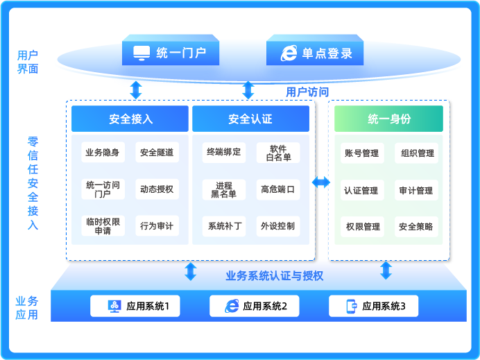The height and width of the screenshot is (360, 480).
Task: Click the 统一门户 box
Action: (x=171, y=53)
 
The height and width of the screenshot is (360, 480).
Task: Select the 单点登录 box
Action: (x=315, y=53)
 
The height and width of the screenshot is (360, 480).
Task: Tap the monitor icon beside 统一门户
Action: (x=142, y=53)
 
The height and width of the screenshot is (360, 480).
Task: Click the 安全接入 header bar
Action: (x=130, y=119)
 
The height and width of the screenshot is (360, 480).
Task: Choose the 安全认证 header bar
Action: (x=250, y=119)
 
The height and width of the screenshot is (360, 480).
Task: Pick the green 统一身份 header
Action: (x=388, y=119)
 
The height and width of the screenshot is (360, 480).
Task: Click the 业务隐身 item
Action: (x=103, y=153)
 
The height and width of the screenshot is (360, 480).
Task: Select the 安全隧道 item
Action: (x=157, y=153)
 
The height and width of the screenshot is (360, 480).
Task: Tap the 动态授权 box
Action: (x=157, y=189)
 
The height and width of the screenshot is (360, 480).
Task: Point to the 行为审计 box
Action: (x=157, y=225)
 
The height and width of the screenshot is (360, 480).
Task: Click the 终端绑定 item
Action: (x=223, y=152)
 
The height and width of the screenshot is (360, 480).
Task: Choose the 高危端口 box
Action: (x=278, y=189)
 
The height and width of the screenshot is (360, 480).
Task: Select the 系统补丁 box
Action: (x=223, y=225)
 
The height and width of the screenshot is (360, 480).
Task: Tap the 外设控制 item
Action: (x=278, y=225)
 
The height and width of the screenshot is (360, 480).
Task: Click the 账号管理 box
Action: (x=361, y=153)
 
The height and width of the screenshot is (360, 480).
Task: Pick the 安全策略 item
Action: (x=416, y=226)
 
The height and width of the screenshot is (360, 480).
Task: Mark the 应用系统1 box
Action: (x=135, y=306)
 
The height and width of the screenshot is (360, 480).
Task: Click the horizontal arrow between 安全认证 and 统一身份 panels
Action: (x=321, y=182)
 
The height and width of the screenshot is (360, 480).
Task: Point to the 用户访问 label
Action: (x=307, y=92)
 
